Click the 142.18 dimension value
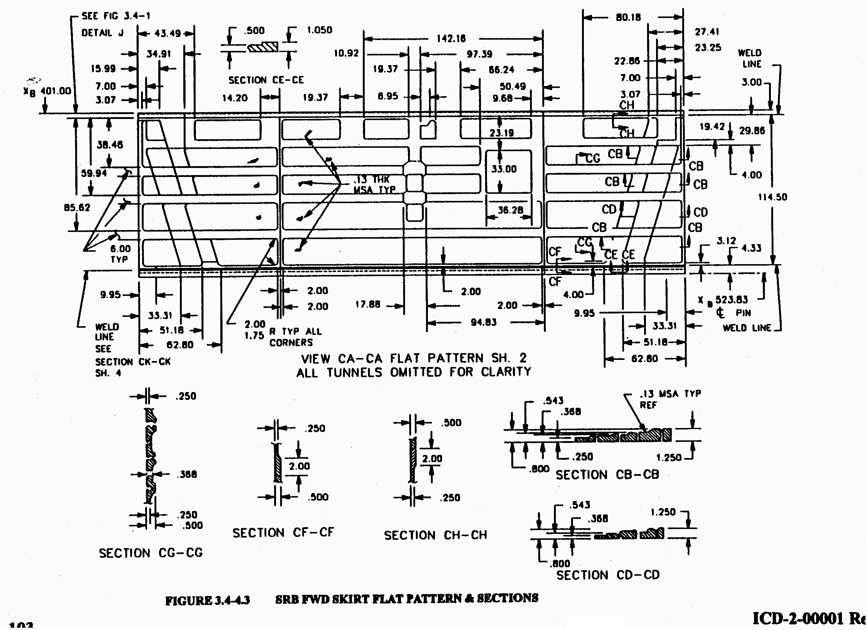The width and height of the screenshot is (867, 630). point(451,39)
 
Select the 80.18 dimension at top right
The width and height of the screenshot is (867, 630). point(628,17)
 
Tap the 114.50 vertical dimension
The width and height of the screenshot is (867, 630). point(773,197)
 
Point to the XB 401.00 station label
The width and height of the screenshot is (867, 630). point(48,91)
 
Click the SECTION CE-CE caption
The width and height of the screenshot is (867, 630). point(266,80)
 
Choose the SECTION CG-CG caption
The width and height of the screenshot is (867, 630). point(151,553)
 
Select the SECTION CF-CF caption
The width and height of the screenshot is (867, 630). point(283,532)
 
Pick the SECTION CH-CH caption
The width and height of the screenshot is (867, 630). point(435,535)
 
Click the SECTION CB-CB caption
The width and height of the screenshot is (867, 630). point(607,475)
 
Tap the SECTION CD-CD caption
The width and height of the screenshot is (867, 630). point(608,575)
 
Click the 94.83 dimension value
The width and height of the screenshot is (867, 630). point(483,322)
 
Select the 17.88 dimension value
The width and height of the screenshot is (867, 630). point(367,305)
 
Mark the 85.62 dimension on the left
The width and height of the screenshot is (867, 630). point(77,208)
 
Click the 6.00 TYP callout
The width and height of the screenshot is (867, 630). point(120,254)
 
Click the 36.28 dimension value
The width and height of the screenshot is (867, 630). point(510,210)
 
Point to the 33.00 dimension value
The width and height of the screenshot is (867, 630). point(503,169)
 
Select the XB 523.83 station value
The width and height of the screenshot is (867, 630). point(730,299)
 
